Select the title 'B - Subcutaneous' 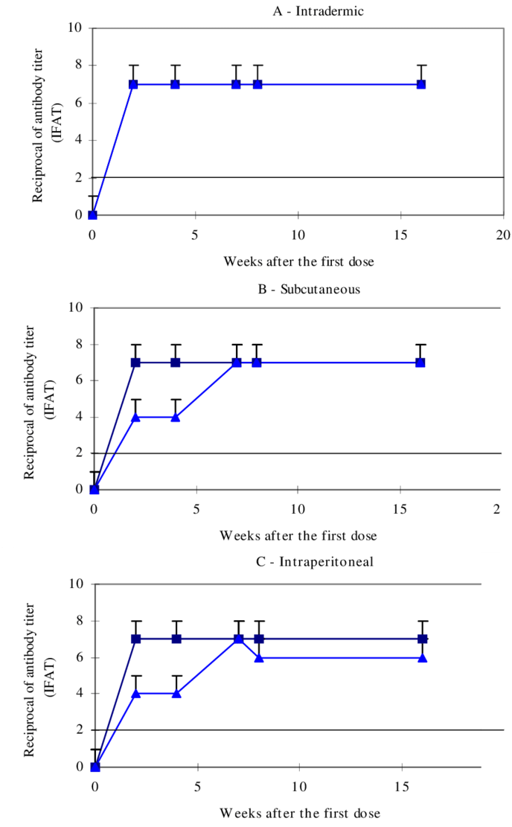pos(309,289)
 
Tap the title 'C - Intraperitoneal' pos(315,561)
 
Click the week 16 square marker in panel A pos(421,84)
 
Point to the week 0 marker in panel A pos(92,215)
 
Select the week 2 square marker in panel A pos(133,84)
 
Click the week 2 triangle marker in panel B pos(135,417)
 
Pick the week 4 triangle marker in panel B pos(176,417)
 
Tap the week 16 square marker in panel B pos(420,363)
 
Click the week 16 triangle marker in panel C pos(423,657)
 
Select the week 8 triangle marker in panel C pos(259,657)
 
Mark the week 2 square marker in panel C pos(136,639)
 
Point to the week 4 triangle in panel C pos(177,694)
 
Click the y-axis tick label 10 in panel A pos(75,29)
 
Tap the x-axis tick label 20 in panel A pos(504,234)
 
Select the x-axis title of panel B pos(298,536)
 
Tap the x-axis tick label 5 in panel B pos(196,509)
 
